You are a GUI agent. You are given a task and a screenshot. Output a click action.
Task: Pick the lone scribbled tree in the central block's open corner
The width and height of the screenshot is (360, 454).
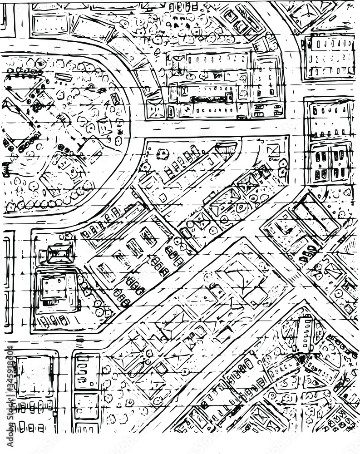pyautogui.click(x=162, y=155)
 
